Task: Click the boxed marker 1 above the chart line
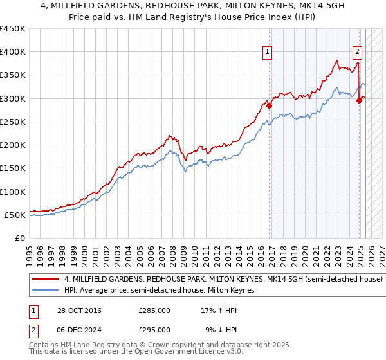[267, 53]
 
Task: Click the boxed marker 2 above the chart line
[357, 53]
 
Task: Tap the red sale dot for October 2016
[270, 106]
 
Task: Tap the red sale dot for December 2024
[359, 101]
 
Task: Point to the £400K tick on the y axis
[14, 52]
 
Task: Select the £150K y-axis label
[14, 168]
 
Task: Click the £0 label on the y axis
[20, 238]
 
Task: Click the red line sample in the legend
[45, 280]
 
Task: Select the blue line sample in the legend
[45, 291]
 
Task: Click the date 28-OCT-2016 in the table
[78, 310]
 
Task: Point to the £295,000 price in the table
[154, 329]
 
